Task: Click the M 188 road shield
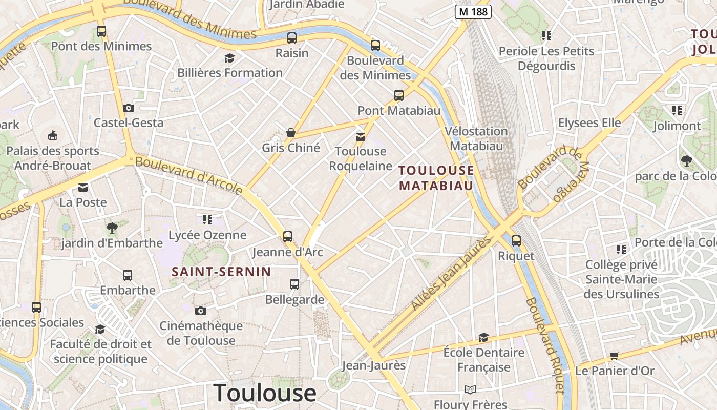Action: point(473,12)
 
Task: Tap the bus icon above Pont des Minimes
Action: point(101,31)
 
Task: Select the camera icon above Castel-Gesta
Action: point(129,108)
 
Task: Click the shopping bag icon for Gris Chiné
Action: point(291,133)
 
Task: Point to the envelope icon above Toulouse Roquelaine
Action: point(361,136)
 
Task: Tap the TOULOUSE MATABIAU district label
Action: point(436,178)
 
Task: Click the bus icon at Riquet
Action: point(516,240)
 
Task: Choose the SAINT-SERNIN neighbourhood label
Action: point(221,272)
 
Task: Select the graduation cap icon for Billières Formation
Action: point(229,58)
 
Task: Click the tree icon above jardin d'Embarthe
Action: point(112,228)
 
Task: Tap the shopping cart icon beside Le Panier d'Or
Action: point(614,356)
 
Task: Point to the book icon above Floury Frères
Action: point(470,389)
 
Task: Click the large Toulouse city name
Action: point(265,393)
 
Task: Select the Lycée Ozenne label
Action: point(208,235)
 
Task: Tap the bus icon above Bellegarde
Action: point(294,284)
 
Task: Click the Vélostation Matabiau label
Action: point(476,138)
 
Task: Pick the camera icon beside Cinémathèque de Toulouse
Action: point(201,311)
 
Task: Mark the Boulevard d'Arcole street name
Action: point(189,176)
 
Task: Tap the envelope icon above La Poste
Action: point(83,188)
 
